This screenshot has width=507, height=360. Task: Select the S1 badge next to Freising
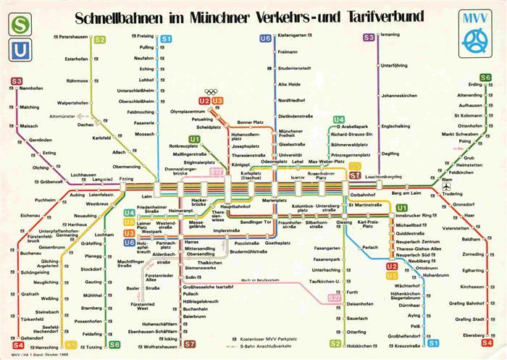tap(166, 38)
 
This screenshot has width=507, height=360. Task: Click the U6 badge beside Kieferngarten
tap(265, 38)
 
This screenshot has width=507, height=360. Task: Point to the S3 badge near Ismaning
tap(369, 36)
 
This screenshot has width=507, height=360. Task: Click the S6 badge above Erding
tap(486, 77)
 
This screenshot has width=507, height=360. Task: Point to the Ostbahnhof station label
tap(362, 195)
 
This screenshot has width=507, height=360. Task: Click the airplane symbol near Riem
tap(447, 187)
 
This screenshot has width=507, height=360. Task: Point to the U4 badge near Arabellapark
tap(338, 120)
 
